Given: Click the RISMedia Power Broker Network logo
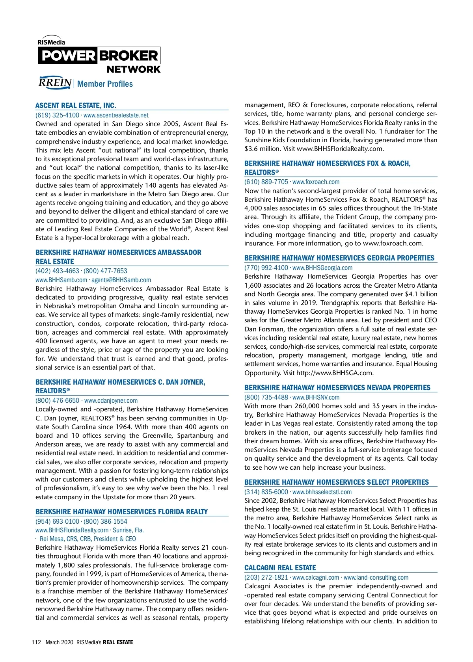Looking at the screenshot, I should tap(99, 55).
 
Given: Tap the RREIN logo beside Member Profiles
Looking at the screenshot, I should tap(55, 83).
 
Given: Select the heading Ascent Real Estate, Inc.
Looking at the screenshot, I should tap(76, 105).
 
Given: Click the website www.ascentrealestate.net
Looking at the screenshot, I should tap(116, 115).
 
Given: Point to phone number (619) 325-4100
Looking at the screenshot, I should tap(57, 115).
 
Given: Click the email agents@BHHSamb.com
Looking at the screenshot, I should tap(121, 280).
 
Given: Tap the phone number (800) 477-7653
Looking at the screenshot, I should tap(105, 271).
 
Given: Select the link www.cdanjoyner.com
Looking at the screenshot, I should tap(111, 400).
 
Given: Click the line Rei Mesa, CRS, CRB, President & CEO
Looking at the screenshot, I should tap(88, 539).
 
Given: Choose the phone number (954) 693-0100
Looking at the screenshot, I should tap(57, 521).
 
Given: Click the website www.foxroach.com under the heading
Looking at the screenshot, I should tap(316, 182).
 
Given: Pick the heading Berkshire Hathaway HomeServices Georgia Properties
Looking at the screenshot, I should tap(339, 258).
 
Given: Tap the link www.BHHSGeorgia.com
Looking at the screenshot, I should tap(322, 268).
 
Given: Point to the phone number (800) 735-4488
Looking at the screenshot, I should tap(266, 397).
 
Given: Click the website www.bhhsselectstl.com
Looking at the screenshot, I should tap(322, 492).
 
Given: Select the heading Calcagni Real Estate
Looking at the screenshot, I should tap(280, 567).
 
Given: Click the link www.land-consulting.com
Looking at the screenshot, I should tap(376, 577).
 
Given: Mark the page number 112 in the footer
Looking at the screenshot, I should tap(36, 642).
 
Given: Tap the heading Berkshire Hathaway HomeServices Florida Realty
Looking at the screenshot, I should tap(121, 511).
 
